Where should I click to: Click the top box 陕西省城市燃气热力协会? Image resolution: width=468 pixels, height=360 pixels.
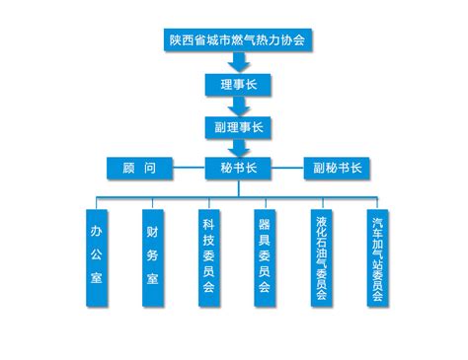[238, 40]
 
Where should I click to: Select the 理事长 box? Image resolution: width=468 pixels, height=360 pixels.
[238, 85]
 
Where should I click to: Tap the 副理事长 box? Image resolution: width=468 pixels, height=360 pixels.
[238, 127]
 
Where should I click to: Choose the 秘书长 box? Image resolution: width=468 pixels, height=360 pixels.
[238, 169]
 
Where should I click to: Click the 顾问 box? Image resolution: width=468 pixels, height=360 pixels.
[139, 169]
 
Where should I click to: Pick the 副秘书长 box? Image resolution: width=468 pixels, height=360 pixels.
[337, 169]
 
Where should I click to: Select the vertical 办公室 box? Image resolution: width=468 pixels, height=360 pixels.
[97, 258]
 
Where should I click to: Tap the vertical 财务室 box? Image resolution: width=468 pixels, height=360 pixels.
[153, 258]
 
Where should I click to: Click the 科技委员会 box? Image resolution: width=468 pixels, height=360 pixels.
[209, 258]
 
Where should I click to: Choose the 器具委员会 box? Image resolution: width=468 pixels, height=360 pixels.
[265, 258]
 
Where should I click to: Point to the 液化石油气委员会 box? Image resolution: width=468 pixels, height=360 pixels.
[322, 258]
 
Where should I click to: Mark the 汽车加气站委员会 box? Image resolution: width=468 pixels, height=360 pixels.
[378, 258]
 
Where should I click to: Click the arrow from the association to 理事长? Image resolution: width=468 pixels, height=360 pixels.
[239, 61]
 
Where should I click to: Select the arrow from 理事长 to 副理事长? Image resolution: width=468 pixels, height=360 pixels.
[239, 106]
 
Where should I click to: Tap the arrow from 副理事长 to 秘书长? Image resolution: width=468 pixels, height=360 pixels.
[239, 148]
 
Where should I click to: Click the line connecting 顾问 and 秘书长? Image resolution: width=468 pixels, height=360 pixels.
[189, 168]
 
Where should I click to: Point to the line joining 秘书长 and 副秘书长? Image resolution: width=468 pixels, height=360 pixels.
[287, 168]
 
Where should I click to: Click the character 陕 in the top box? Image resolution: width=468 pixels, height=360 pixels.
[176, 40]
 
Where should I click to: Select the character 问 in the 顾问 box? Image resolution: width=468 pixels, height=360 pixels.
[150, 168]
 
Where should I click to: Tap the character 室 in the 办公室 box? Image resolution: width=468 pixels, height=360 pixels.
[97, 277]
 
